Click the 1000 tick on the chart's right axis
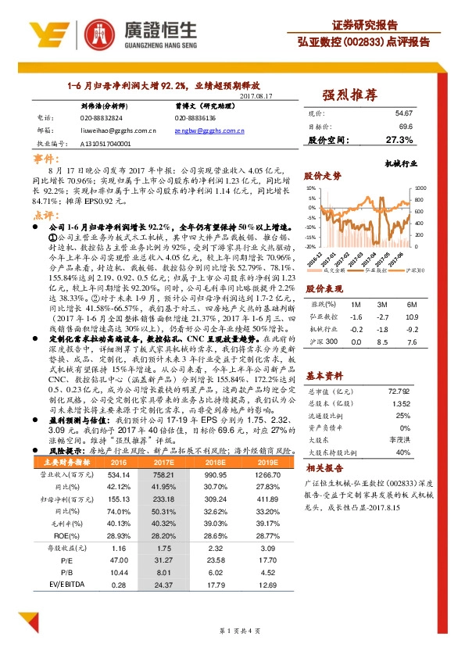420,188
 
